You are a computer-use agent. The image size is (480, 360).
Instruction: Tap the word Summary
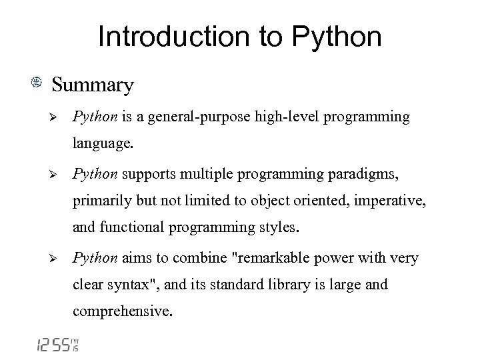click(93, 85)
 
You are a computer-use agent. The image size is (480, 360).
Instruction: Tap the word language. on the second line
click(103, 142)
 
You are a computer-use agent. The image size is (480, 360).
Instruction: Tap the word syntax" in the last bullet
click(132, 285)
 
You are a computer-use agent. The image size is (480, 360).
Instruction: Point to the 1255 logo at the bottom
click(57, 345)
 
